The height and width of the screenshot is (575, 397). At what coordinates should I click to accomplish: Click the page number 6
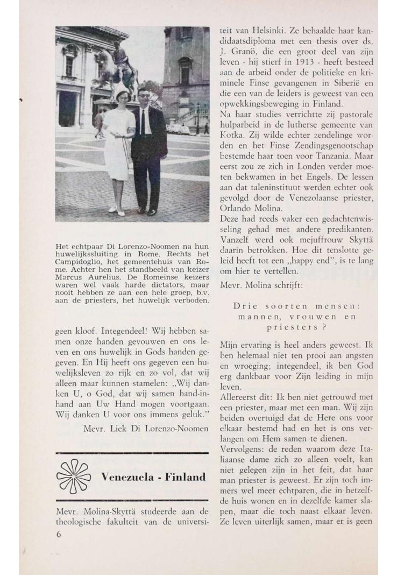pos(59,535)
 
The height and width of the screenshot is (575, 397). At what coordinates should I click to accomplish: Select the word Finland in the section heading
pos(186,477)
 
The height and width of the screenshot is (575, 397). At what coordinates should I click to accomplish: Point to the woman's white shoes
pos(117,211)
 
